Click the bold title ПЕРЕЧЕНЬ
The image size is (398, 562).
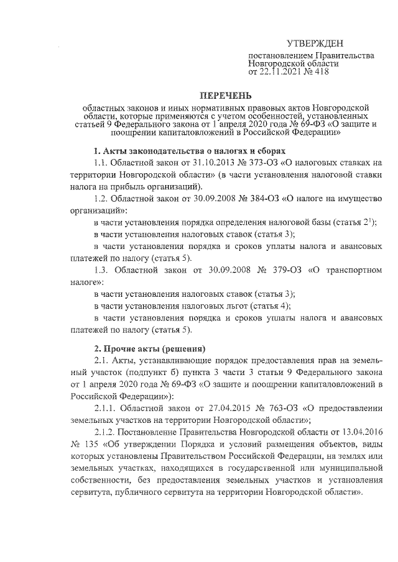[224, 95]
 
